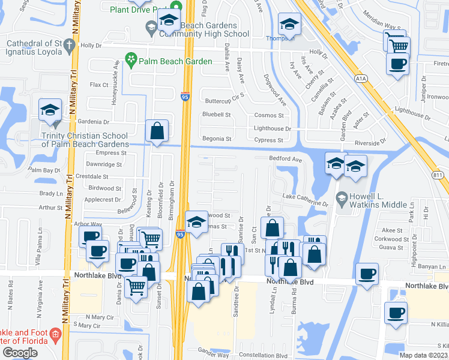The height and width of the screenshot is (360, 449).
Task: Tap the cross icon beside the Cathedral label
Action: coord(69,44)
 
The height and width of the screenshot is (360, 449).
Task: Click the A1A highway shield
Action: coord(361,77)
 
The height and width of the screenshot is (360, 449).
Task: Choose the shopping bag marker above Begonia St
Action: coord(157,131)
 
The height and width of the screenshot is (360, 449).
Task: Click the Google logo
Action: coord(20,353)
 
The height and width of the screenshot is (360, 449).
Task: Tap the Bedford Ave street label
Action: coord(285,159)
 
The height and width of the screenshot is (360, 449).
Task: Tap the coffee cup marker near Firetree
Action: coord(397,64)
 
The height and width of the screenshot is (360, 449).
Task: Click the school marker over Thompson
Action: coord(290,25)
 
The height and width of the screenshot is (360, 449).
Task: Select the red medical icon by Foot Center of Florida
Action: coord(56,334)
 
